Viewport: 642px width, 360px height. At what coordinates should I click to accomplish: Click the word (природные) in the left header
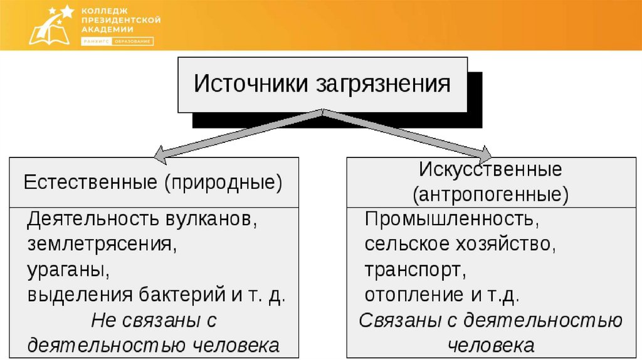[224, 184]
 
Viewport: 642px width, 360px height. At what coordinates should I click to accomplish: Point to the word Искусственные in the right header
[490, 169]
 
